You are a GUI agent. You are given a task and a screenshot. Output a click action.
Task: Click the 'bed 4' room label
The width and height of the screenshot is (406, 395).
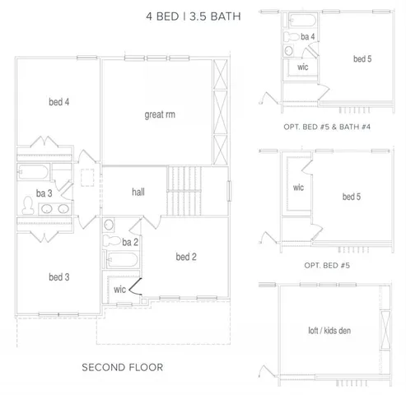[58, 103]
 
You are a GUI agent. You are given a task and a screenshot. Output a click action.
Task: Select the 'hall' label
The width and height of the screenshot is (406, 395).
[138, 191]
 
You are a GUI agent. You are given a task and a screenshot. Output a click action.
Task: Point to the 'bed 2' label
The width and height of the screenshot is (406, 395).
[186, 257]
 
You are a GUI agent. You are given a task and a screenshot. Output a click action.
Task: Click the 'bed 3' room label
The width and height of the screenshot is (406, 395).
[58, 276]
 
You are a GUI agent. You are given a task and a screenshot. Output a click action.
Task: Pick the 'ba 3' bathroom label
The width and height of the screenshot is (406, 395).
[44, 194]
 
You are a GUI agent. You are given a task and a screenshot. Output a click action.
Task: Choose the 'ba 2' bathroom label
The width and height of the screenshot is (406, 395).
[129, 241]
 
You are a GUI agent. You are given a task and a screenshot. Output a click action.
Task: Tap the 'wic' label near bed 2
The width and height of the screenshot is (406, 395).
[119, 290]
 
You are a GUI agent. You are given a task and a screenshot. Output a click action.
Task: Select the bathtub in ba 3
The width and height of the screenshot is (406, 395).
[33, 174]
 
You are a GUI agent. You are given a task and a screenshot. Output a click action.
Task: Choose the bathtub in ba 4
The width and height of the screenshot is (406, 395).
[303, 20]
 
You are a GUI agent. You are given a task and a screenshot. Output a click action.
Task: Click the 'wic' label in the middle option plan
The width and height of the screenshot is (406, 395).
[298, 187]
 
